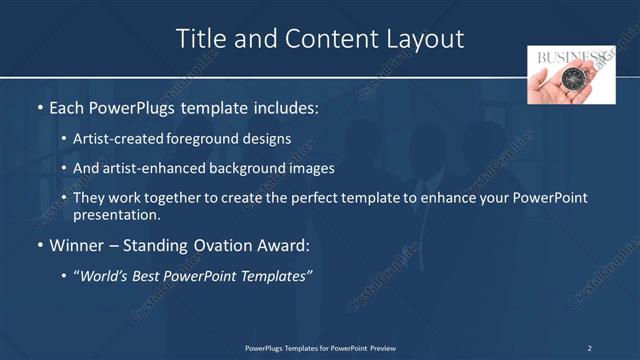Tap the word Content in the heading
point(321,39)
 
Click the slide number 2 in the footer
point(589,348)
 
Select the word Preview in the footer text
point(383,348)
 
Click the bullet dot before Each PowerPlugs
point(39,107)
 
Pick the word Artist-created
point(115,139)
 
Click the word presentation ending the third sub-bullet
point(117,214)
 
